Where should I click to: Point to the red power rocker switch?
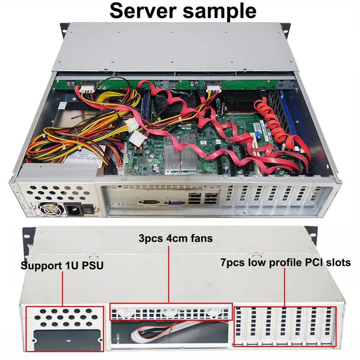point(89,209)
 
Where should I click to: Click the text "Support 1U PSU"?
point(63,266)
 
